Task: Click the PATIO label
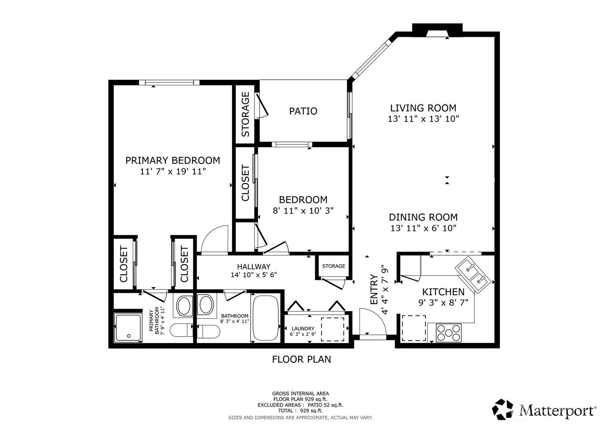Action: [x=303, y=111]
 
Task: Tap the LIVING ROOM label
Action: [x=423, y=108]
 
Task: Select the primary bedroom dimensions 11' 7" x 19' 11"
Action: [x=173, y=171]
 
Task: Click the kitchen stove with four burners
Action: [x=448, y=333]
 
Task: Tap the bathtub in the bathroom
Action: [x=266, y=319]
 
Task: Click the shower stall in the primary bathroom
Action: [x=128, y=328]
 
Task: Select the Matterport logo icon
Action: [x=503, y=409]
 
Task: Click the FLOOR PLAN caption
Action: [x=302, y=359]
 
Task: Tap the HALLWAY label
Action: [x=254, y=267]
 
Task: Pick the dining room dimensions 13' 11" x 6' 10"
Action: [x=423, y=228]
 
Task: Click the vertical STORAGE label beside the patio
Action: [x=245, y=114]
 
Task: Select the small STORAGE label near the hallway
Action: [x=334, y=266]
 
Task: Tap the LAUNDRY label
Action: [x=303, y=329]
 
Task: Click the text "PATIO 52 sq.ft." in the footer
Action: [x=325, y=405]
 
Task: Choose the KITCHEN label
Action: [x=443, y=292]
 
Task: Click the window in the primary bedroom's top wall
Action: [x=169, y=82]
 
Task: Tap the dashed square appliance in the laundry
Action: [x=332, y=329]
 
